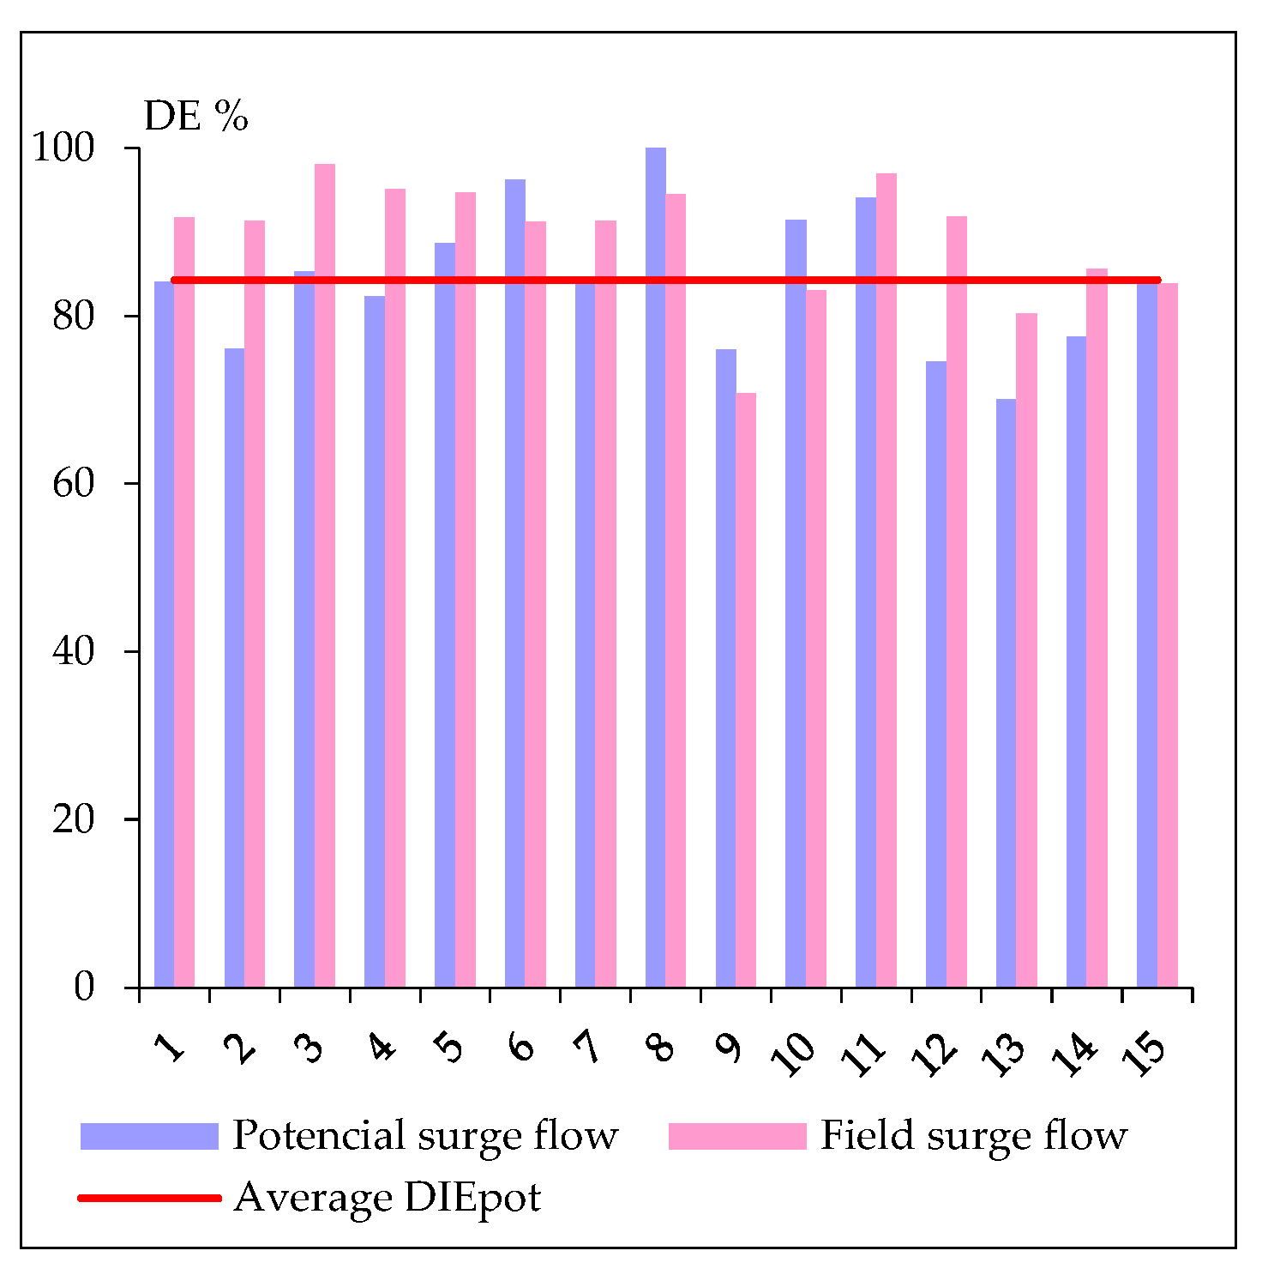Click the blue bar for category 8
pos(655,566)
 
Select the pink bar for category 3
pos(325,575)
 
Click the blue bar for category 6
pos(514,583)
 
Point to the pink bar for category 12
pos(957,601)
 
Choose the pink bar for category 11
pos(886,580)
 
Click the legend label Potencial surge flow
pos(425,1135)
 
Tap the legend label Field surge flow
pos(974,1135)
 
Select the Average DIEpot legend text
pos(388,1197)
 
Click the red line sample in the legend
pos(149,1197)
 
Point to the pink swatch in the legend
pos(737,1135)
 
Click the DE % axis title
pos(195,116)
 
